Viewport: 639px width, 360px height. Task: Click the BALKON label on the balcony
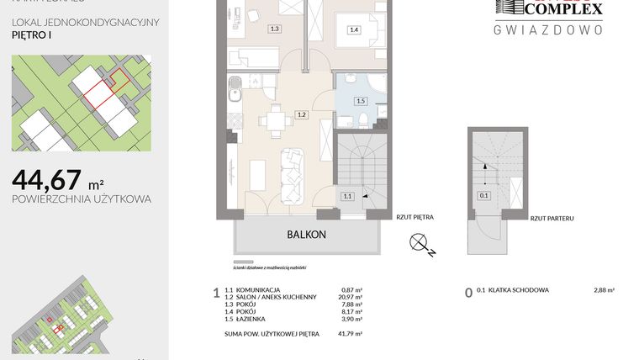click(306, 236)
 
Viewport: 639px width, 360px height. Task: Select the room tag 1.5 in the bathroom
click(361, 101)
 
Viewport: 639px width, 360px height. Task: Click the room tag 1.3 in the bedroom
click(274, 29)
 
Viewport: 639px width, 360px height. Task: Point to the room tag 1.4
click(354, 29)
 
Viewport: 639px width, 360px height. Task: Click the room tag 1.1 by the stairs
click(347, 196)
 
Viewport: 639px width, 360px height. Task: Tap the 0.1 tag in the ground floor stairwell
click(483, 196)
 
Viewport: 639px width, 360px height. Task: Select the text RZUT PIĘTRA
click(415, 217)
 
